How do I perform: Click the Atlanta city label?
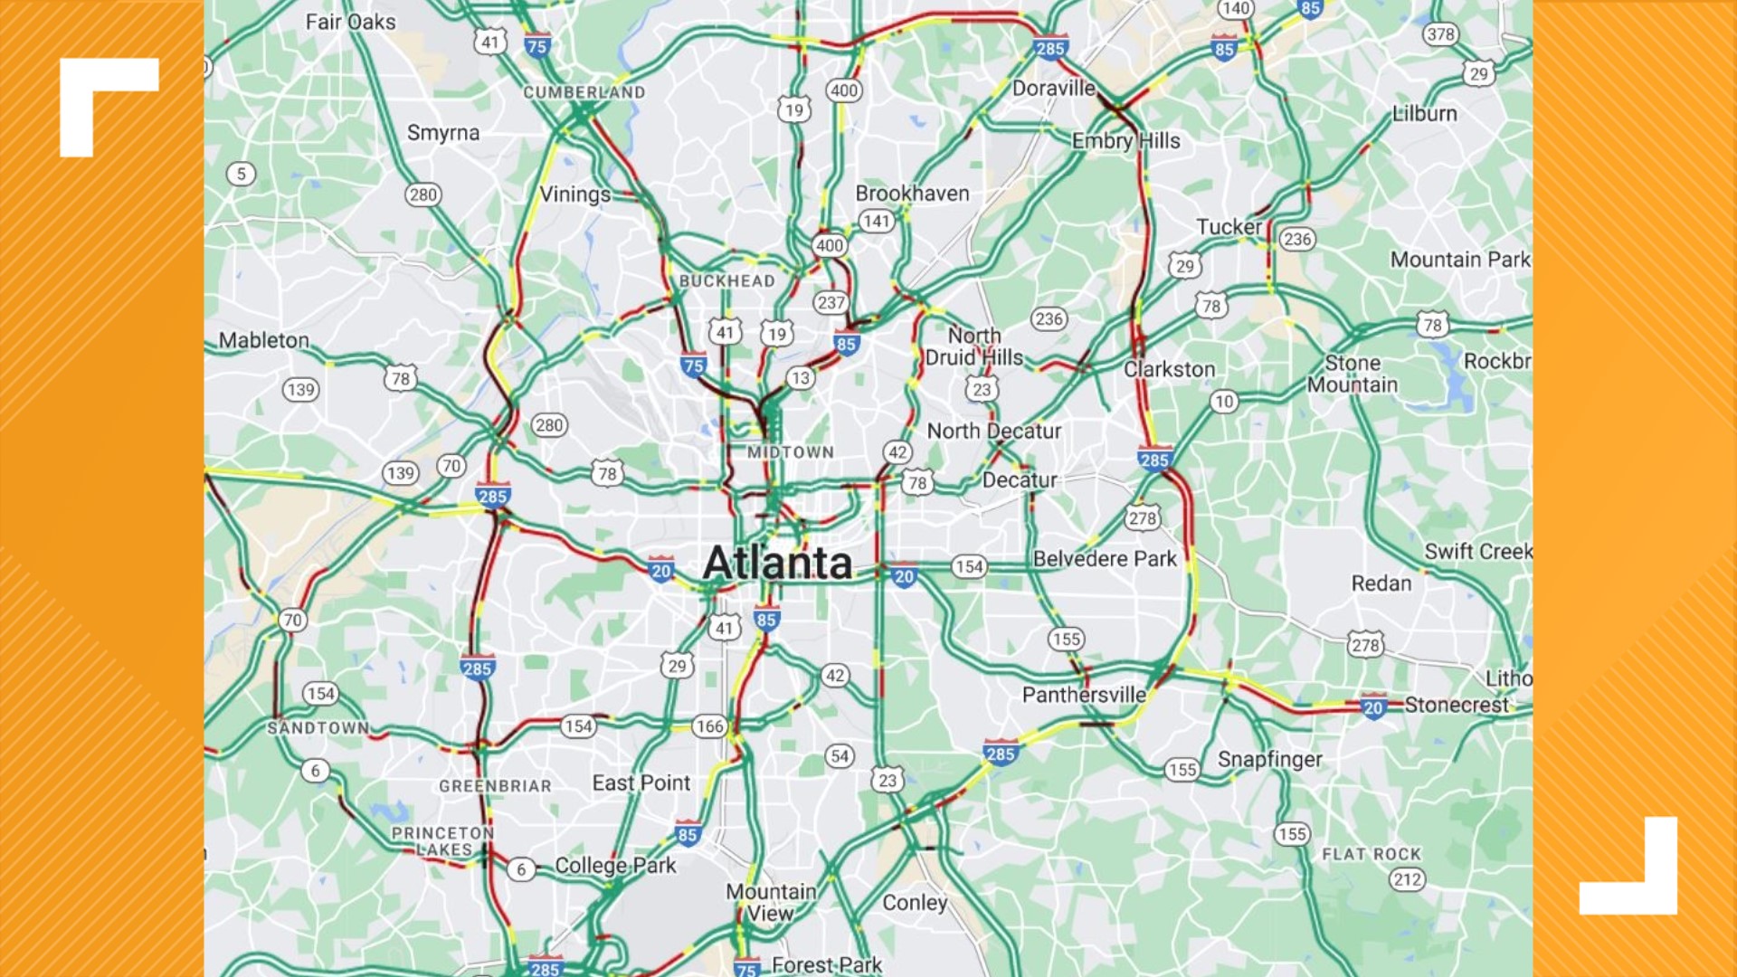tap(777, 563)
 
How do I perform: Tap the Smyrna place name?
tap(443, 133)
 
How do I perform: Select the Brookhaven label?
tap(912, 194)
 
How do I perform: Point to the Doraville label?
tap(1053, 89)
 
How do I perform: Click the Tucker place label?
tap(1229, 227)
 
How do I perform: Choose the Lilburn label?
tap(1424, 114)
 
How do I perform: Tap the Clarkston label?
tap(1169, 369)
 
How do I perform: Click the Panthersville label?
tap(1084, 695)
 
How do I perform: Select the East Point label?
tap(641, 783)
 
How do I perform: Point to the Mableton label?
tap(264, 340)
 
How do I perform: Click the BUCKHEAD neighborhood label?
tap(726, 281)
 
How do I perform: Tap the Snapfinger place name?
tap(1269, 760)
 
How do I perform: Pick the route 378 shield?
tap(1439, 34)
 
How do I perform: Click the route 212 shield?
tap(1407, 879)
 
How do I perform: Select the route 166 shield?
tap(709, 726)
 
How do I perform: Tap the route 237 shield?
tap(830, 303)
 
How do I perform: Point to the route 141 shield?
tap(876, 221)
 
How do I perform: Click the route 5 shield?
tap(241, 174)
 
